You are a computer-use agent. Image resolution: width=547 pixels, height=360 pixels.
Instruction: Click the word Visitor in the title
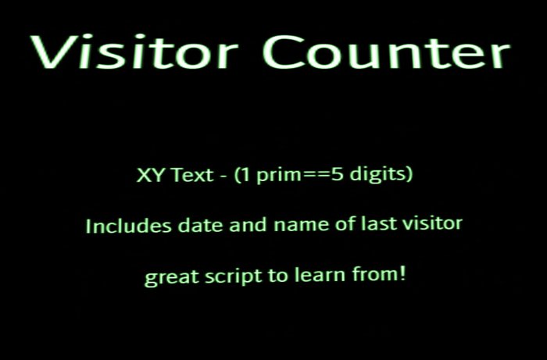click(134, 52)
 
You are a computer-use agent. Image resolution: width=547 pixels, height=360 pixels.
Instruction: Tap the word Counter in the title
click(385, 52)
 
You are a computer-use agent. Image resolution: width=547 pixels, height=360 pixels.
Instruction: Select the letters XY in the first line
click(148, 175)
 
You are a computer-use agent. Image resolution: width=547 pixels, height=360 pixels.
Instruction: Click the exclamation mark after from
click(403, 275)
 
